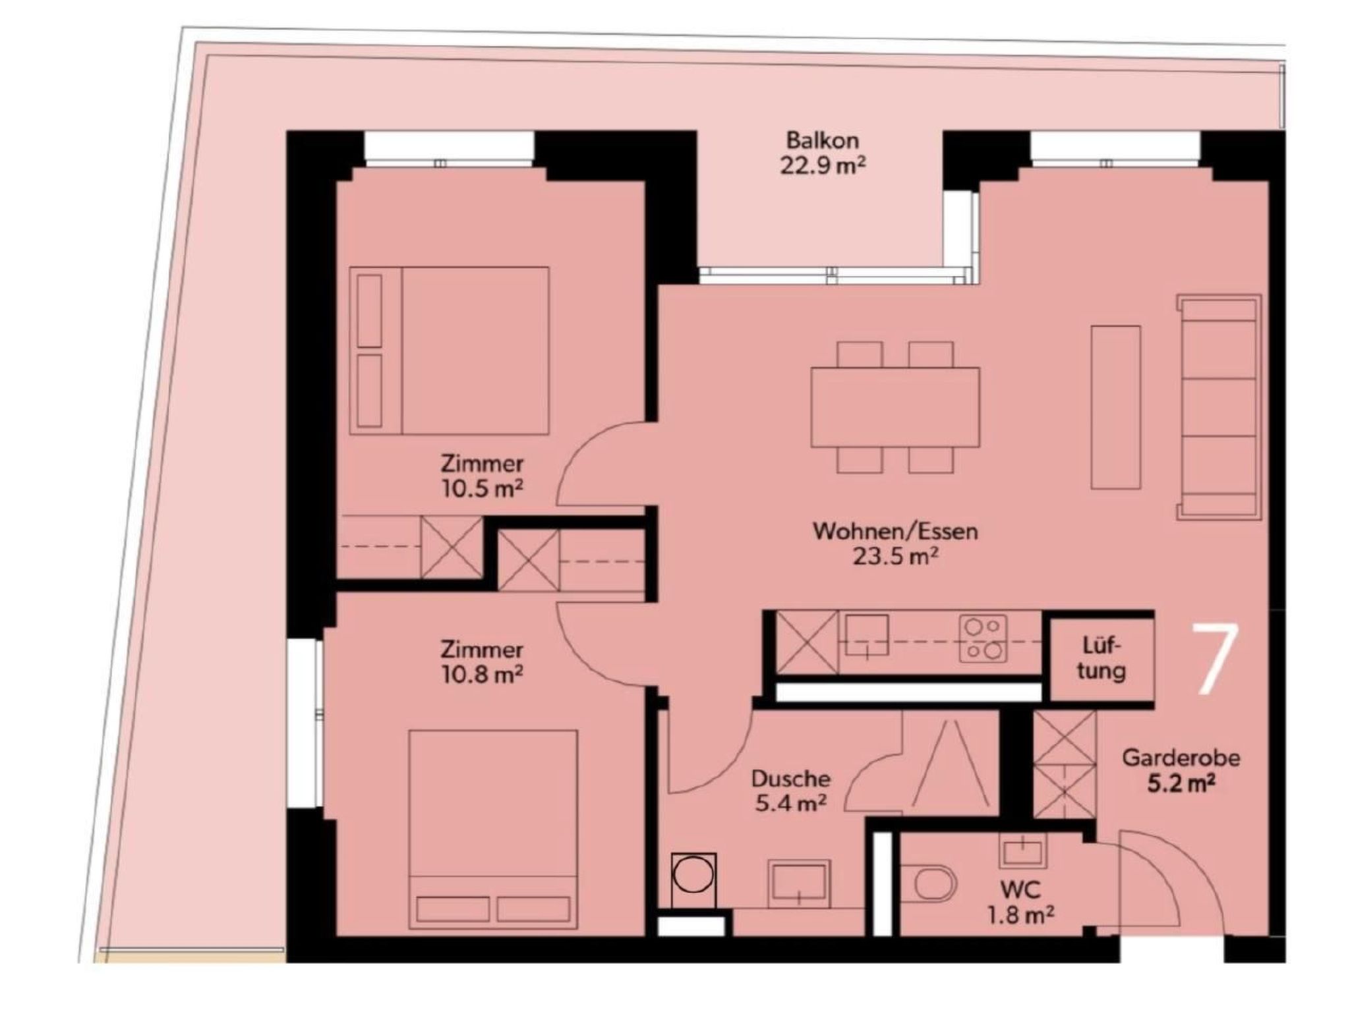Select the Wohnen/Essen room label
895,531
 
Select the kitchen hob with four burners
983,638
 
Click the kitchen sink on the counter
867,636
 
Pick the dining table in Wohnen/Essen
895,407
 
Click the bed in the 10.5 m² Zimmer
449,351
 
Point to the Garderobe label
1181,758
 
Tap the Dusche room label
790,779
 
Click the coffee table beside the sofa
1115,407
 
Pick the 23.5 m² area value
896,557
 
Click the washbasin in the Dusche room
799,884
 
